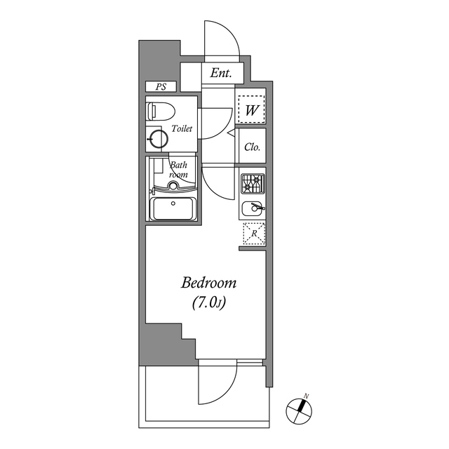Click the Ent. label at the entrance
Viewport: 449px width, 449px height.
pyautogui.click(x=222, y=73)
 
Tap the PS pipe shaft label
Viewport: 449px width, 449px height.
pyautogui.click(x=161, y=87)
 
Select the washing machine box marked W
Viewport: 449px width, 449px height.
pyautogui.click(x=251, y=109)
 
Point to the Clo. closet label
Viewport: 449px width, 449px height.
pyautogui.click(x=252, y=147)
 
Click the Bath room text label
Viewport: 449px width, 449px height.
pyautogui.click(x=180, y=170)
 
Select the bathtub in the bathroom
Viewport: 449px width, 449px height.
pyautogui.click(x=173, y=209)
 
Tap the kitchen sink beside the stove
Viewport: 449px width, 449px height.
pyautogui.click(x=253, y=208)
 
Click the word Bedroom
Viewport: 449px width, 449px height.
pyautogui.click(x=209, y=283)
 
